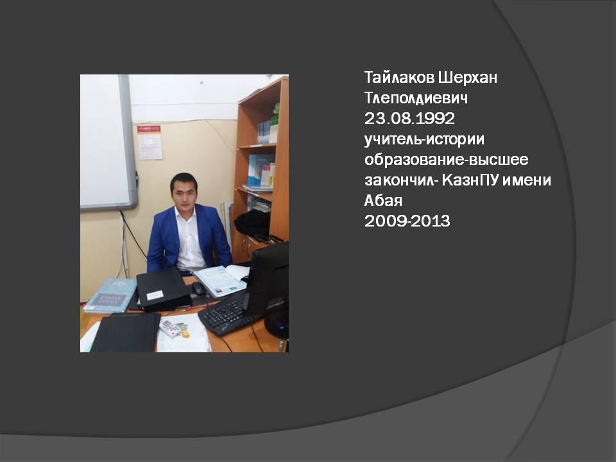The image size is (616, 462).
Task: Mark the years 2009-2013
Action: (x=407, y=221)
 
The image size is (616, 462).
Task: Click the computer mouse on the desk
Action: (x=199, y=288)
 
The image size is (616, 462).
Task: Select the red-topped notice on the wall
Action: (x=149, y=142)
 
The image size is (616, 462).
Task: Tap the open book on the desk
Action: (x=220, y=280)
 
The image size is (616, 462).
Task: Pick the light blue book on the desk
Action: (x=110, y=295)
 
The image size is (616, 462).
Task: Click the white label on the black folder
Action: (x=155, y=295)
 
